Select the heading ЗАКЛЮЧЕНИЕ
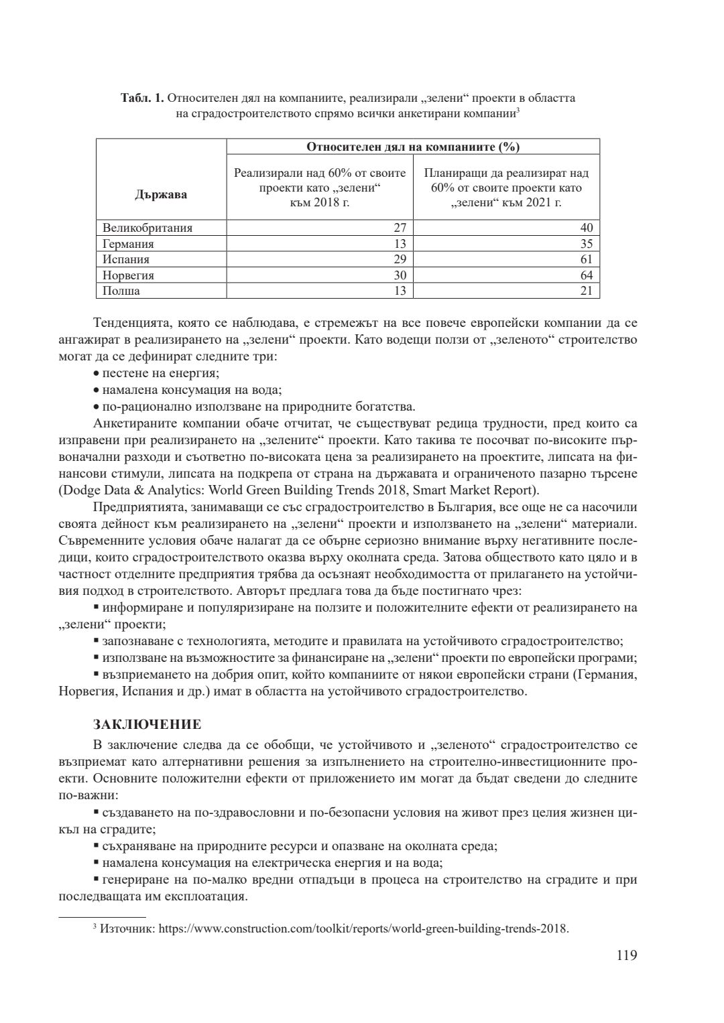click(147, 725)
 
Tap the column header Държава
click(161, 194)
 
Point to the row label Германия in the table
click(128, 244)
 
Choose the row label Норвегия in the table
click(128, 275)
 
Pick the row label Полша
click(121, 291)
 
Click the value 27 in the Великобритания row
click(400, 228)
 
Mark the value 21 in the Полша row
click(587, 291)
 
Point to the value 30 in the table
click(400, 275)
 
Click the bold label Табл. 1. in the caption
click(142, 98)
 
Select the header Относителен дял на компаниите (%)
click(413, 147)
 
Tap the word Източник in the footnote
click(119, 929)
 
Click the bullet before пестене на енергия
click(97, 374)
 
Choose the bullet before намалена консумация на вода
click(97, 390)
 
